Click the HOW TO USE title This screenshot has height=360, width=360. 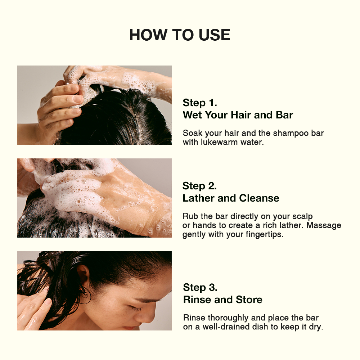point(180,35)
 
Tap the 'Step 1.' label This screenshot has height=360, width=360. point(200,103)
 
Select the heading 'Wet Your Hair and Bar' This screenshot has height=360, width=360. point(238,115)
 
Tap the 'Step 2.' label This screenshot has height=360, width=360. point(199,186)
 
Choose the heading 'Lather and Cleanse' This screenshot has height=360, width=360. point(231,198)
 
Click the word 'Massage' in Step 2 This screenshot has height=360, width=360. point(324,225)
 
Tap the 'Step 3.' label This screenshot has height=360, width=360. point(200,287)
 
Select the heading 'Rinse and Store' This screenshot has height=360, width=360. point(223,300)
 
